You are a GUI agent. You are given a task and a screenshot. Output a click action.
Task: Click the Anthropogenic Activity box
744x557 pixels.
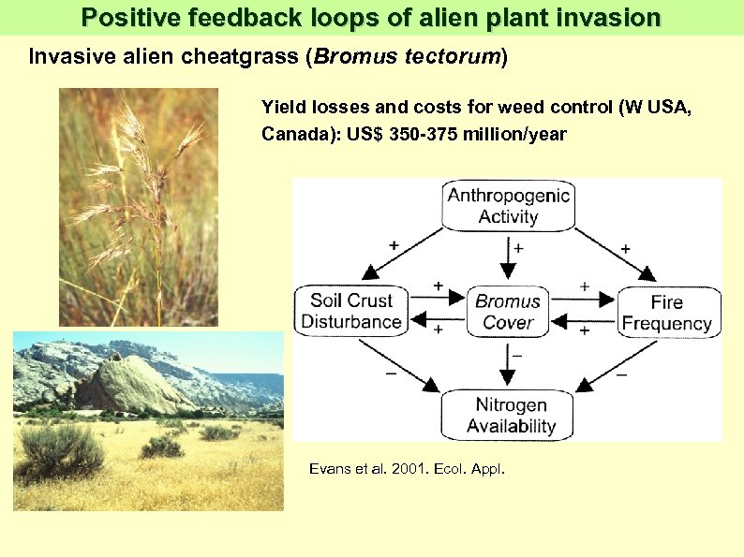pyautogui.click(x=508, y=206)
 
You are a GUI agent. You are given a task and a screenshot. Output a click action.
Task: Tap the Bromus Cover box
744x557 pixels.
pyautogui.click(x=508, y=312)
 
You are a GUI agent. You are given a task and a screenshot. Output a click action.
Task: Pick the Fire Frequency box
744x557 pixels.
pyautogui.click(x=667, y=313)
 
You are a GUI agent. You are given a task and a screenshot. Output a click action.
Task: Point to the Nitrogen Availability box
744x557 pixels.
pyautogui.click(x=511, y=416)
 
